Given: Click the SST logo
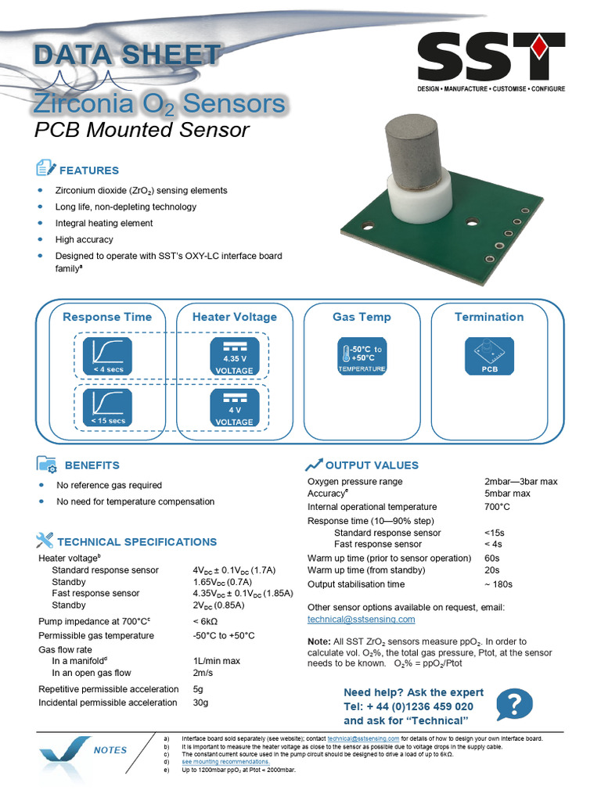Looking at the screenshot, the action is (490, 61).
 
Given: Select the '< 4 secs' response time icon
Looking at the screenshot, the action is (108, 356).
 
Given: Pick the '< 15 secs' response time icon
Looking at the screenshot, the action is (108, 408).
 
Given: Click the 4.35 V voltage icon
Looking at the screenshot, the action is (234, 356).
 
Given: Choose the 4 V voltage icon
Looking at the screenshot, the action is (234, 408).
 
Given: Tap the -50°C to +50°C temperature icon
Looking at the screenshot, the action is (362, 356).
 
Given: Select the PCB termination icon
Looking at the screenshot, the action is (489, 356).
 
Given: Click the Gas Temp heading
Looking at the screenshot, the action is (362, 317).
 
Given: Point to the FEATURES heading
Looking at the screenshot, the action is (89, 171).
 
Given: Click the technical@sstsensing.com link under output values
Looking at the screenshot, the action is (361, 620).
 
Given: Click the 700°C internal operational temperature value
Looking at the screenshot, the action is (497, 507).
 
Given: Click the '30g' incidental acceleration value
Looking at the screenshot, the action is (201, 702).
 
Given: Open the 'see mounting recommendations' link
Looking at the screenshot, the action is (225, 761).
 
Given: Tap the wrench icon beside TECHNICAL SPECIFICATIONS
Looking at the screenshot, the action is (45, 540).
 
